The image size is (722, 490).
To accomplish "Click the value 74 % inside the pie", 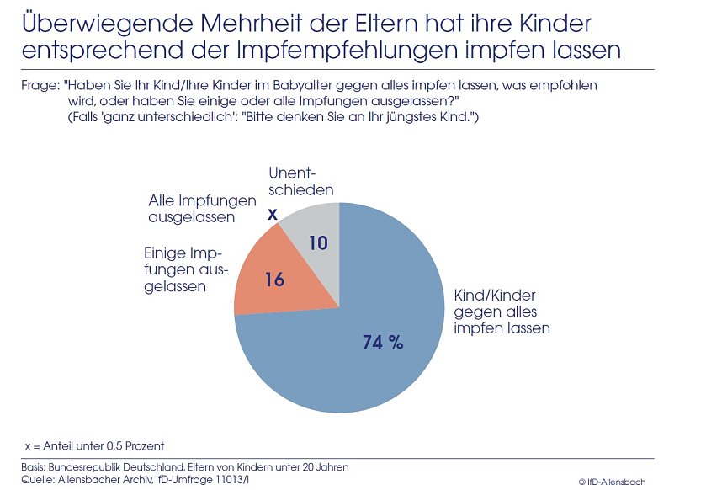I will [383, 342].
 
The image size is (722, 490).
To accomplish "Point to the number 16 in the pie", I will [274, 280].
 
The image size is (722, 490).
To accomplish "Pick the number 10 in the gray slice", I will [317, 243].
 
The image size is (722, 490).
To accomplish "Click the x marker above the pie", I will [272, 215].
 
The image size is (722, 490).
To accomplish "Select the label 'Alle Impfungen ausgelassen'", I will [191, 209].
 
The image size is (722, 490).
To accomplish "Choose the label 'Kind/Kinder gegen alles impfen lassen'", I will [501, 312].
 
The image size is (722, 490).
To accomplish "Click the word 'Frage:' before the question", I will [39, 87].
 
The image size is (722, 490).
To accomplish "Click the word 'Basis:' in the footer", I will [36, 466].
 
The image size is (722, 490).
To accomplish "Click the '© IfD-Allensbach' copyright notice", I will [612, 481].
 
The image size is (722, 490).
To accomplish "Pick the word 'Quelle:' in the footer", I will [40, 479].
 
